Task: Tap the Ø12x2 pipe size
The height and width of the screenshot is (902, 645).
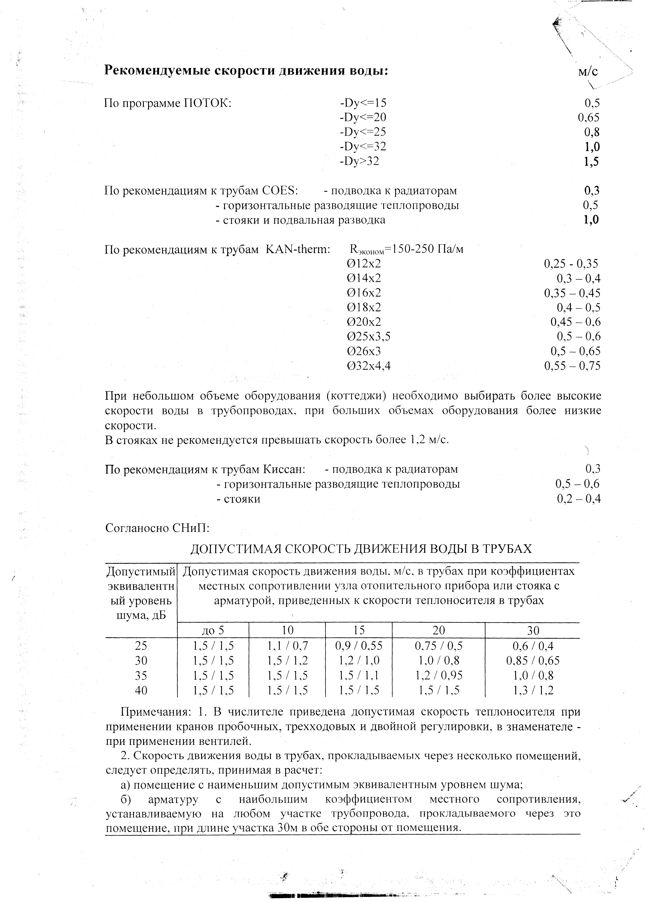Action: point(364,264)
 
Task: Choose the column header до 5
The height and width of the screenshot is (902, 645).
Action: point(213,631)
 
